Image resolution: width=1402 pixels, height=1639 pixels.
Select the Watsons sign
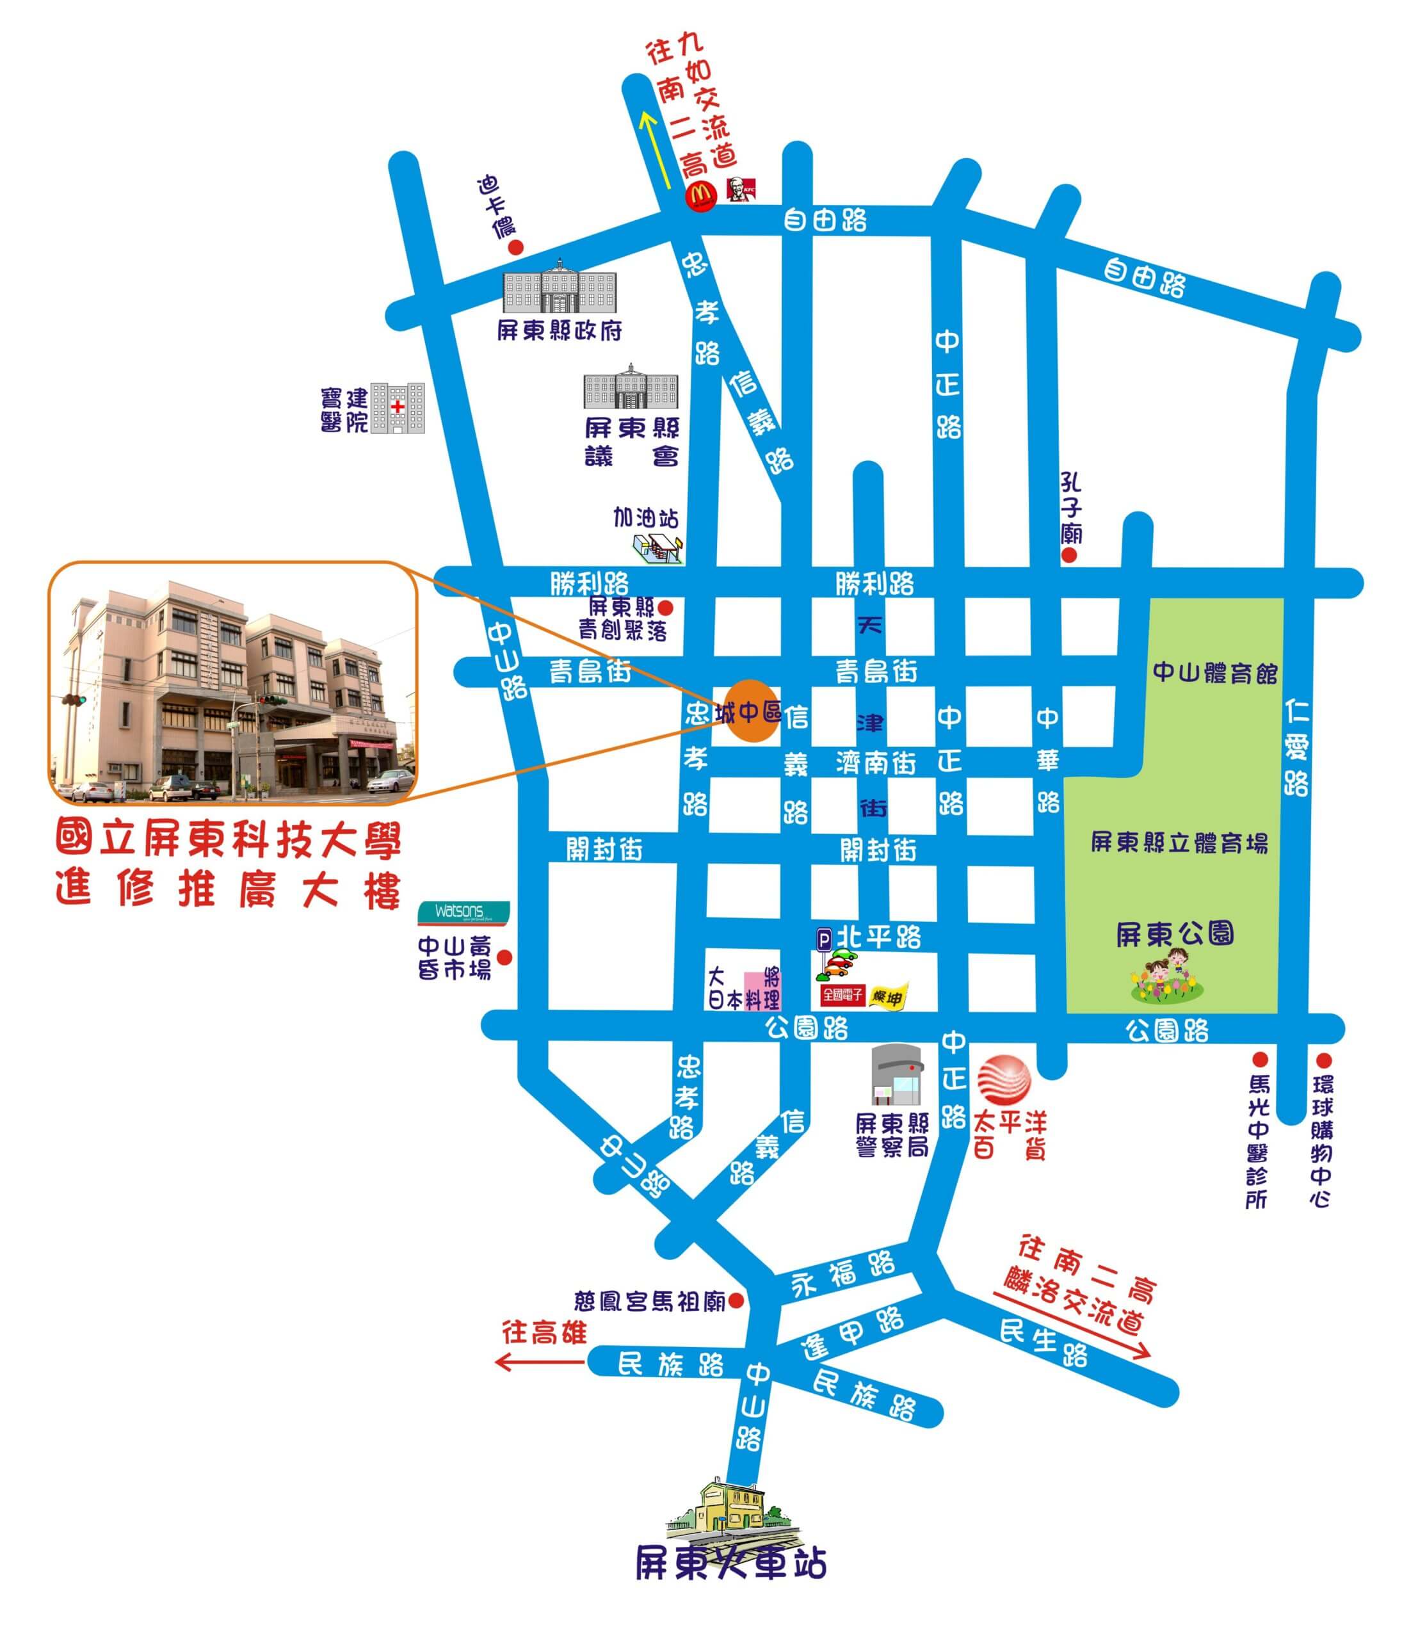pos(463,912)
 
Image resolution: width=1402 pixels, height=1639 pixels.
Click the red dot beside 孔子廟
pos(1068,556)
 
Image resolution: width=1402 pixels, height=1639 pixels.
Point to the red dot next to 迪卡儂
pos(515,248)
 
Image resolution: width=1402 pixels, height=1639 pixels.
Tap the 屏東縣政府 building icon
pos(560,286)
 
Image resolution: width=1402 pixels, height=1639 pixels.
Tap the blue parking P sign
pos(824,940)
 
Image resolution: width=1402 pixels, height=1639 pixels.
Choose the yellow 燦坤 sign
pos(887,997)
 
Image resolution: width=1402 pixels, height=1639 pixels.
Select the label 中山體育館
pos(1214,673)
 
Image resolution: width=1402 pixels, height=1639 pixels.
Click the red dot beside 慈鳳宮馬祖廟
pos(736,1300)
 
